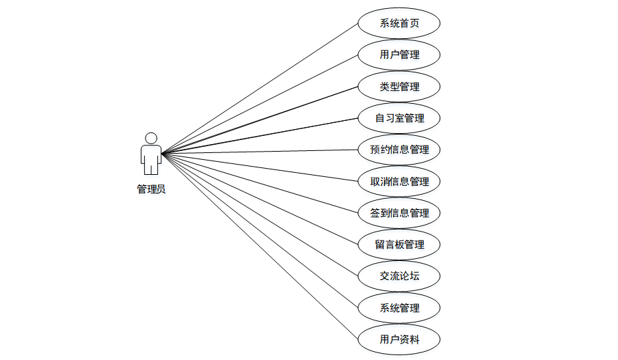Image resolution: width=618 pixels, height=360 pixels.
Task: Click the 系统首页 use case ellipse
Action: (x=399, y=24)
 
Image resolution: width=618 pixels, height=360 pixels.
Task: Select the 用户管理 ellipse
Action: (x=399, y=55)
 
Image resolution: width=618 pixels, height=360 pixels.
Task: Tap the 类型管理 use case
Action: (x=399, y=87)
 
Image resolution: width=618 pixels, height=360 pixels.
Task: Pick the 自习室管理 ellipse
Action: (x=399, y=118)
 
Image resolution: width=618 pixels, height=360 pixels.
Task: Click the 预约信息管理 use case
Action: (x=399, y=150)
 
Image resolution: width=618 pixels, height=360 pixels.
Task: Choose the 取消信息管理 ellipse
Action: (x=399, y=182)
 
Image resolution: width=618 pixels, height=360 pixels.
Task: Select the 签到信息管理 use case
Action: (x=399, y=213)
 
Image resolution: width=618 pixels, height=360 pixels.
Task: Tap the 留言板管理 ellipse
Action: (x=399, y=245)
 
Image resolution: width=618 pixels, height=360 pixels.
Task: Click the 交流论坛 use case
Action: (x=399, y=276)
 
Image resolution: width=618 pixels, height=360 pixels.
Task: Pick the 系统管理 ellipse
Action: (x=399, y=307)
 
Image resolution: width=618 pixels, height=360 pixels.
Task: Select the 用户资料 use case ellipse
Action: (x=399, y=339)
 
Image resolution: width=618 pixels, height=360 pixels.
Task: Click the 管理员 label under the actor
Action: (x=151, y=189)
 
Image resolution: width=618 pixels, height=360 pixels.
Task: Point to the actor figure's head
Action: (x=151, y=138)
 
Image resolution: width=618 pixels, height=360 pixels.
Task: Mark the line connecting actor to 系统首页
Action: (x=260, y=88)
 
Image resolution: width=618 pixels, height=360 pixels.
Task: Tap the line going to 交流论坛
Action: (x=260, y=214)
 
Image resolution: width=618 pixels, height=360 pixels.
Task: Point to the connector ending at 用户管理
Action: (x=260, y=104)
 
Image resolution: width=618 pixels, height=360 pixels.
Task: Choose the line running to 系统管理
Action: (x=260, y=230)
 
